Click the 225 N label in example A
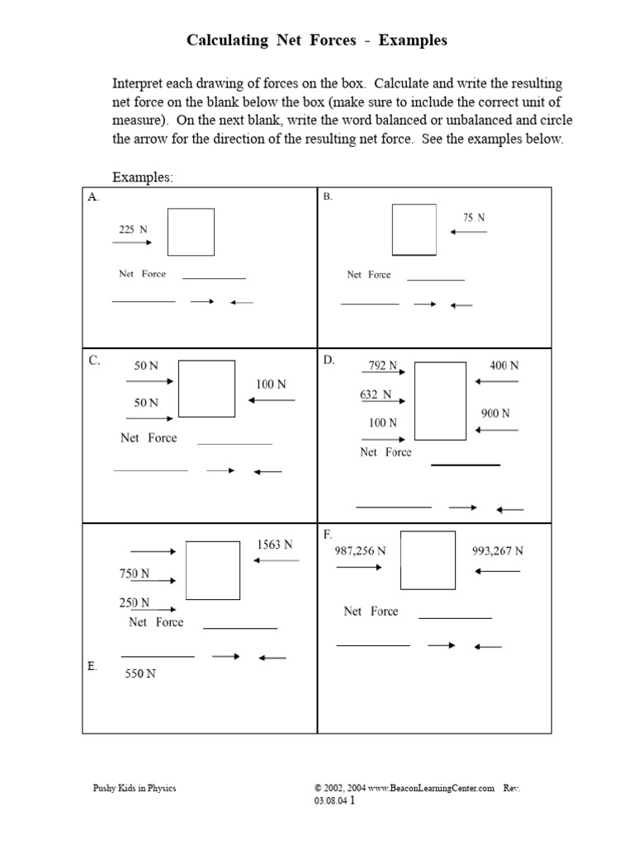133,229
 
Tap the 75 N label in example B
474,218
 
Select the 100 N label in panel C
271,385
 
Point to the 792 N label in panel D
383,365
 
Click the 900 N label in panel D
495,413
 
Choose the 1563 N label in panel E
275,545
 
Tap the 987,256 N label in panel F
360,551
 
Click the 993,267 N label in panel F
498,551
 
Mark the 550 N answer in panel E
140,673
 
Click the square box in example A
191,232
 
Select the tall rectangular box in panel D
440,401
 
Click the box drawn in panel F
428,560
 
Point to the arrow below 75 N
469,232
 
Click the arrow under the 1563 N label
277,560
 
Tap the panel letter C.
94,361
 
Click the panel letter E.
92,666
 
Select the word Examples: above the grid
142,178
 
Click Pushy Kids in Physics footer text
134,788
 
